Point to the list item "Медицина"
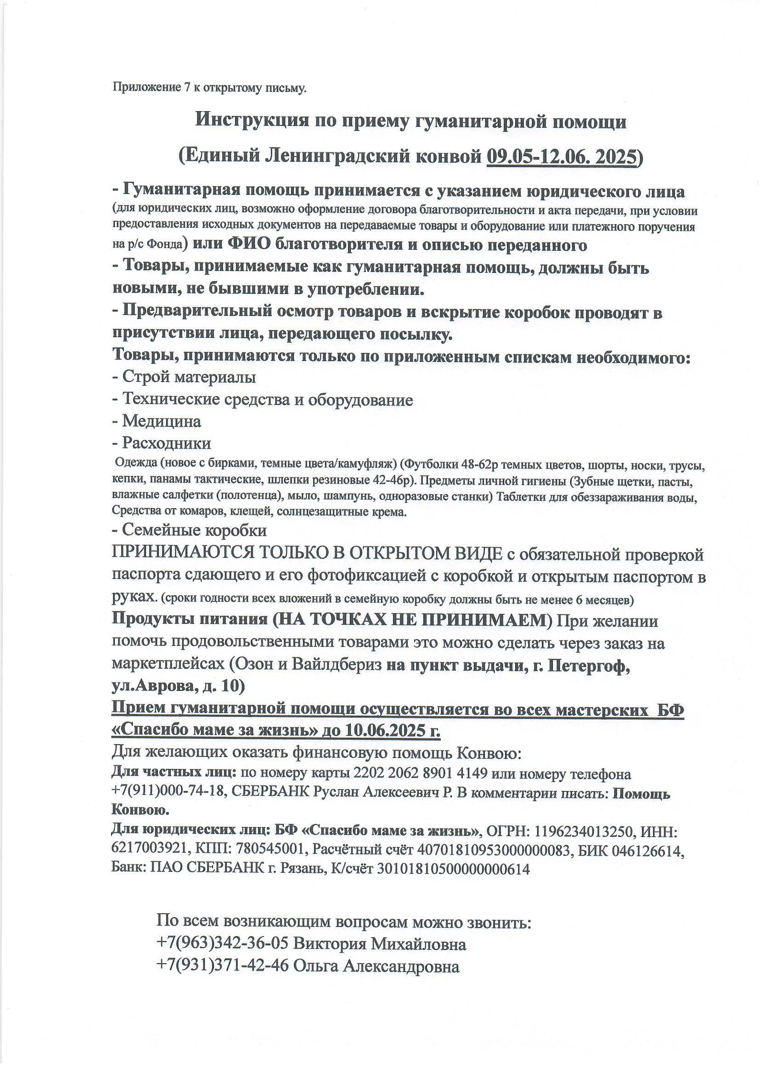161,421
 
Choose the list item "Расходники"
166,442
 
